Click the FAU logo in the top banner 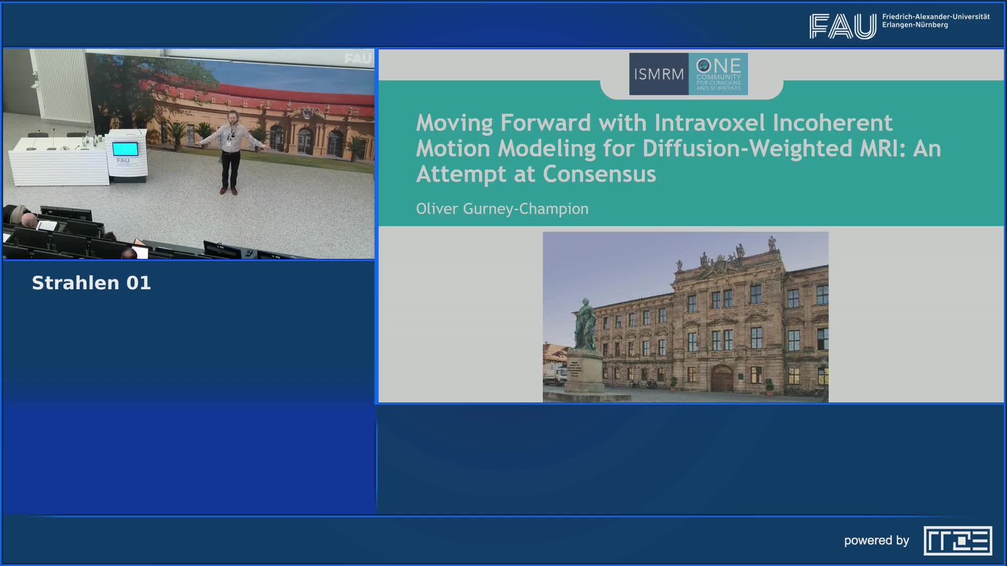[x=842, y=26]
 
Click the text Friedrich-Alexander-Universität [x=936, y=17]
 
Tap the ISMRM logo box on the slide [x=659, y=74]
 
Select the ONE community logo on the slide [x=718, y=74]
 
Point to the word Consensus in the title [x=599, y=174]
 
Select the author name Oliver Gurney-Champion [x=502, y=209]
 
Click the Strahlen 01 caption [x=91, y=283]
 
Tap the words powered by [x=876, y=541]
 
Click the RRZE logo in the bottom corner [x=958, y=541]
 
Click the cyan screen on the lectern [x=125, y=149]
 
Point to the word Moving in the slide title [x=454, y=123]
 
